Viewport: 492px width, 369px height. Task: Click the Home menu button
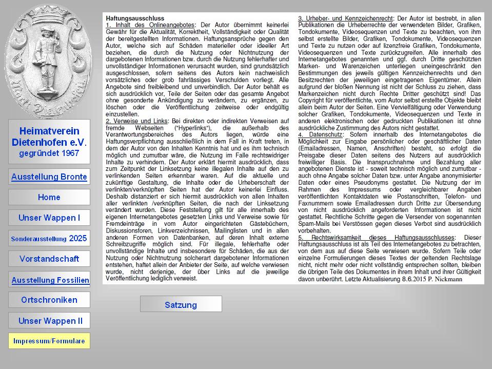coord(49,197)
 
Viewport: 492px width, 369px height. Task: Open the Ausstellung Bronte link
coord(49,177)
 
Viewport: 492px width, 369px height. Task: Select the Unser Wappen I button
coord(49,218)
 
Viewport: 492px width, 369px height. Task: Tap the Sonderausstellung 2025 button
coord(49,239)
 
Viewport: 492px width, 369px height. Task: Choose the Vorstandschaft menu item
coord(49,259)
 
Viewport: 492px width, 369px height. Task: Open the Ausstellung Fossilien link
coord(50,280)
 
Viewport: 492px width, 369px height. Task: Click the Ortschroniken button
coord(49,300)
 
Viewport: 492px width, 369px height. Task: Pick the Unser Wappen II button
coord(50,321)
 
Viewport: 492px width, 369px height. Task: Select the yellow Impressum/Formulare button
coord(49,341)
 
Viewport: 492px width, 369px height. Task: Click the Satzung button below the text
coord(181,305)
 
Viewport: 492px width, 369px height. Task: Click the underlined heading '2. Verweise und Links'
coord(136,121)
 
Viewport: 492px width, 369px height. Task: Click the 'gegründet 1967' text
coord(49,153)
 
